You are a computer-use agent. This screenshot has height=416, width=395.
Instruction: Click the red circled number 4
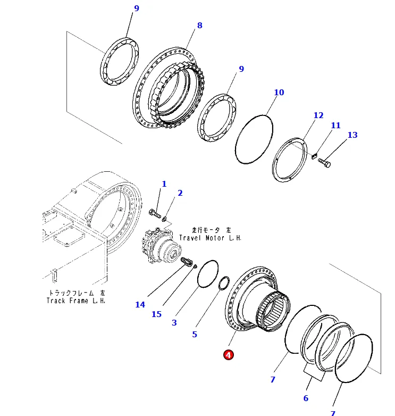(x=228, y=355)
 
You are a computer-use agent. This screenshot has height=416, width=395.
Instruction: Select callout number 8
(x=199, y=26)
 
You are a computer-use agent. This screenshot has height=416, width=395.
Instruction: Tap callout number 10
(x=279, y=93)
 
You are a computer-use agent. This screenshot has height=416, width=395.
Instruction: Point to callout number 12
(x=318, y=115)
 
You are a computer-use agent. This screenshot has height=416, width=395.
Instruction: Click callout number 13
(x=352, y=135)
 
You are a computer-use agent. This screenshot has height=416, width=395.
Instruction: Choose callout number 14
(x=140, y=305)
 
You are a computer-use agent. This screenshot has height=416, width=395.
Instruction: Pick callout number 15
(x=156, y=314)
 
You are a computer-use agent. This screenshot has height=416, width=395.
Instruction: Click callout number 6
(x=306, y=398)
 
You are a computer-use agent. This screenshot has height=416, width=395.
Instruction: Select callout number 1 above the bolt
(x=164, y=184)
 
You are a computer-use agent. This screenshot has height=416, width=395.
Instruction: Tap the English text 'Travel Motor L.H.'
(x=210, y=238)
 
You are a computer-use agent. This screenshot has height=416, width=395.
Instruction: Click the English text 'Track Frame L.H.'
(x=76, y=301)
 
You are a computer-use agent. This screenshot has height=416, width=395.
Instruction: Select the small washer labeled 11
(x=313, y=156)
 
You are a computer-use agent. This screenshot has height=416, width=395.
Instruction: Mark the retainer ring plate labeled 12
(x=290, y=160)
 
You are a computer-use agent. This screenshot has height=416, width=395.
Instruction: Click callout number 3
(x=174, y=322)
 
